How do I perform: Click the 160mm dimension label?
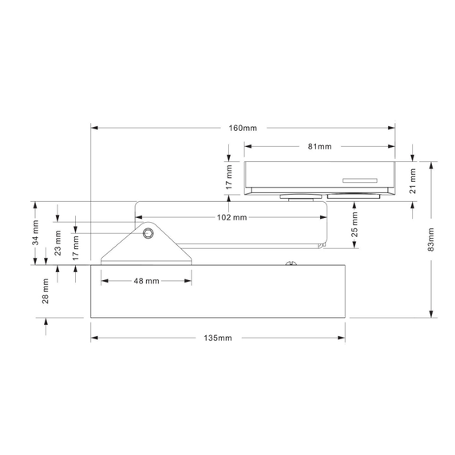(243, 128)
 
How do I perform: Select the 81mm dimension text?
(318, 147)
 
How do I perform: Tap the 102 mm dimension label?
(231, 217)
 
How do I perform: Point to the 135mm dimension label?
(218, 338)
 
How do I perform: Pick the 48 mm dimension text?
(146, 281)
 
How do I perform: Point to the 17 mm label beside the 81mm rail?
(228, 177)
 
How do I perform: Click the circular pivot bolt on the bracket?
(148, 233)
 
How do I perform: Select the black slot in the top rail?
(361, 180)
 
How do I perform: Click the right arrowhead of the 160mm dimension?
(392, 128)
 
